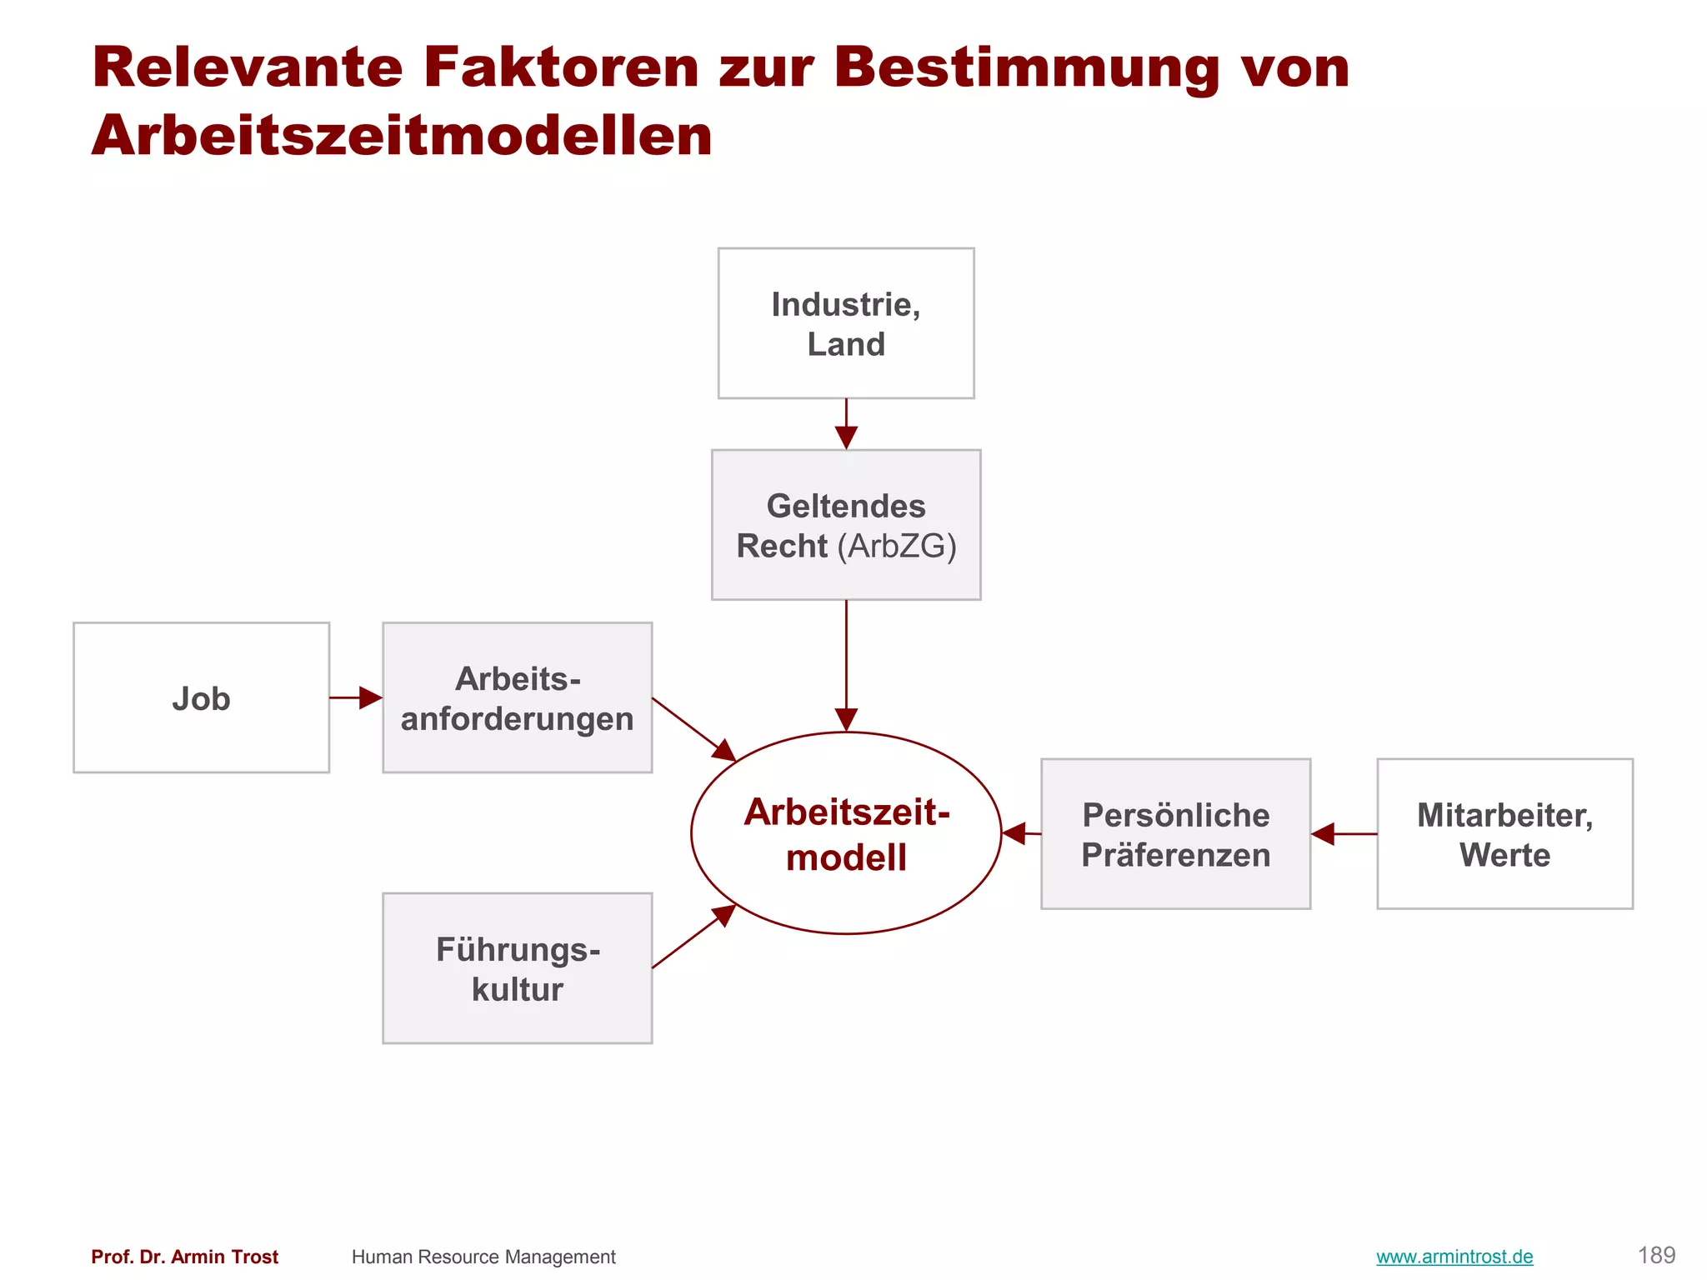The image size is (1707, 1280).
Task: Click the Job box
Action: [x=201, y=697]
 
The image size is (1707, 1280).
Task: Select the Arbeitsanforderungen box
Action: [x=517, y=697]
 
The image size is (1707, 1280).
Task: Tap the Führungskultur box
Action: [x=517, y=968]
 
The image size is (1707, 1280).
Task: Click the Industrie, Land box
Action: [x=846, y=323]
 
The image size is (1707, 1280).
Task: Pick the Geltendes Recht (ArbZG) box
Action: [x=846, y=525]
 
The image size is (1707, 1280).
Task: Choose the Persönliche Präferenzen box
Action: [x=1175, y=833]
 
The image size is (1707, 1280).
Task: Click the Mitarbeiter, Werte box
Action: [x=1504, y=833]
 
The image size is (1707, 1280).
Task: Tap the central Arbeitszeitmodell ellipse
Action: [x=846, y=833]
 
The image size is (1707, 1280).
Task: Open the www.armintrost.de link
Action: [x=1454, y=1257]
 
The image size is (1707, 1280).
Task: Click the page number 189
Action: [x=1656, y=1255]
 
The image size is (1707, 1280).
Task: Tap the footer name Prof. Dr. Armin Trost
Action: [x=185, y=1257]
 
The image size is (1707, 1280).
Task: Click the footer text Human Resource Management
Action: [x=483, y=1257]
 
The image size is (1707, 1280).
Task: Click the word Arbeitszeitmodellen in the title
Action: [x=402, y=135]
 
